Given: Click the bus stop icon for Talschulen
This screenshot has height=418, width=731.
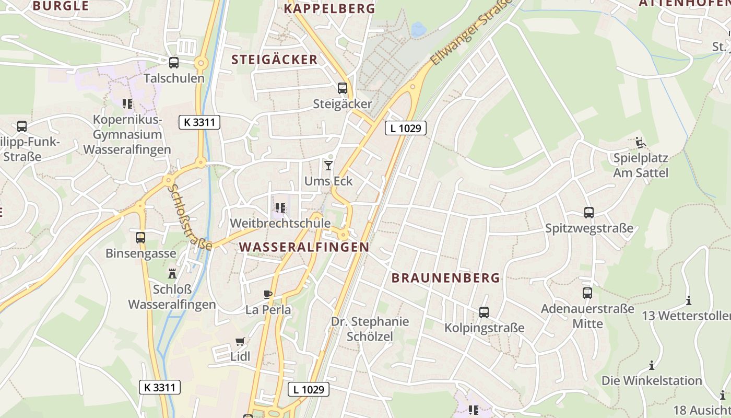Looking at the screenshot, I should coord(174,63).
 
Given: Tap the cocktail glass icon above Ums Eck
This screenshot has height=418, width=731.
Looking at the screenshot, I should coord(328,166).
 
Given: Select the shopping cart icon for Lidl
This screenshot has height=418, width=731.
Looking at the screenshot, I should coord(240,341).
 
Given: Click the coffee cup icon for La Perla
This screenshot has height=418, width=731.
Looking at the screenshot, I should coord(268,294).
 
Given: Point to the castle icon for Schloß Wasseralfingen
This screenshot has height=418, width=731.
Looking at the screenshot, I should coord(172,273).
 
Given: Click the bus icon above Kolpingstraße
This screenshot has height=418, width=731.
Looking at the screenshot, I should coord(484,312).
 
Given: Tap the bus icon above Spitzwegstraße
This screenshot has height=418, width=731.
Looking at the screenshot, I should coord(589,213).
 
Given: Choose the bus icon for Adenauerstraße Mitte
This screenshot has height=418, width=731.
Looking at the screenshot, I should coord(587,293).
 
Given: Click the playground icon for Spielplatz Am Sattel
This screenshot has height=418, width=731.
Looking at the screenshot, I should coord(641,142).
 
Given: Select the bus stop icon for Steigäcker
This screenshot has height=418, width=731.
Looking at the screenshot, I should coord(343,88).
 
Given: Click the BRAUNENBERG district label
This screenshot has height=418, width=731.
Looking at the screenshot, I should coord(445,278).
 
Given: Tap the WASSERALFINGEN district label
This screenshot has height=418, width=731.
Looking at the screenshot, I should coord(304,247).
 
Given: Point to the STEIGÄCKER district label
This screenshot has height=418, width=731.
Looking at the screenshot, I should coord(275,60).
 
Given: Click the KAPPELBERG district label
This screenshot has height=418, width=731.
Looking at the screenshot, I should coord(329,8).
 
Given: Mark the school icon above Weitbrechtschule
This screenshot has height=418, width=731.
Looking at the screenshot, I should coord(280,208).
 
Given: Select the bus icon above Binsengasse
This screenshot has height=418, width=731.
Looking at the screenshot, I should coord(140,238).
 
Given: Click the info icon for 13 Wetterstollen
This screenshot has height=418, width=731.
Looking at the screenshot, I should coord(689,300).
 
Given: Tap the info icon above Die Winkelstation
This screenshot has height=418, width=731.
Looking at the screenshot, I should coord(652,365).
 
